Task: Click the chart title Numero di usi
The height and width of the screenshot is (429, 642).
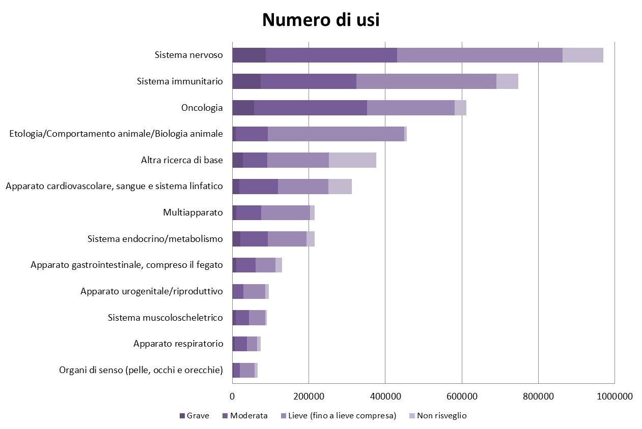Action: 321,20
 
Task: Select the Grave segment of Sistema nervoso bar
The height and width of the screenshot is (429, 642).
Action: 249,55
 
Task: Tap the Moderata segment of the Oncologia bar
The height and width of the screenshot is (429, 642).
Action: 311,108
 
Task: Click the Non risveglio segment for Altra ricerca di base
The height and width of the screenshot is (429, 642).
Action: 352,160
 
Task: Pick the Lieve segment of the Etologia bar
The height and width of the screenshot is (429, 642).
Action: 336,134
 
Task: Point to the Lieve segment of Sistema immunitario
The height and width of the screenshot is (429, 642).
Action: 426,81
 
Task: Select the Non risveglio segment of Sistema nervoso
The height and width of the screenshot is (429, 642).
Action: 582,55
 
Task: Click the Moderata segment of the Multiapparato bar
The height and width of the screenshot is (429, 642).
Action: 248,212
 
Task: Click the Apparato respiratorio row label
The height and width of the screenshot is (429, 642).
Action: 178,344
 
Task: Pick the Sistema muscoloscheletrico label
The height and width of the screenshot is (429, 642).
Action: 165,318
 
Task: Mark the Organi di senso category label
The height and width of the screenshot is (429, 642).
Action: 141,370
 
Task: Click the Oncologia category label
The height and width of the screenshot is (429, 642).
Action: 202,108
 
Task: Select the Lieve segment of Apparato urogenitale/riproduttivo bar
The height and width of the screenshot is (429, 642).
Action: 254,291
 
